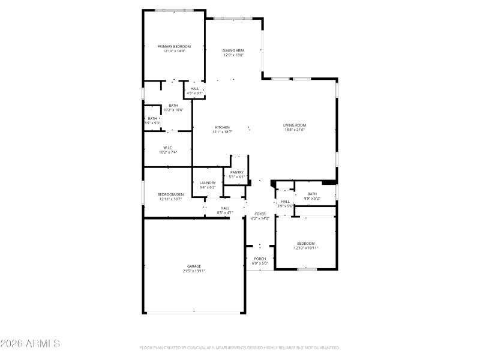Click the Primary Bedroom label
[174, 47]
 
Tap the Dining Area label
[233, 51]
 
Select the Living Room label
[295, 125]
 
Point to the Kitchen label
[223, 127]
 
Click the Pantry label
[237, 172]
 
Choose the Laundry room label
[208, 182]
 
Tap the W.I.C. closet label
[168, 148]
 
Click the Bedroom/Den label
[170, 194]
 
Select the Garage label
[194, 266]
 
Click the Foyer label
[260, 214]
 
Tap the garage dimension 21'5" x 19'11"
[194, 271]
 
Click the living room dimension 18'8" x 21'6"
[295, 130]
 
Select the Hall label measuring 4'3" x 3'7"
[195, 89]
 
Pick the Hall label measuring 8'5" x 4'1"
[225, 208]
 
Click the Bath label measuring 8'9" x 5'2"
[312, 194]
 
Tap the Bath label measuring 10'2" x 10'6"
[173, 106]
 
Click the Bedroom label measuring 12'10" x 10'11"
[306, 243]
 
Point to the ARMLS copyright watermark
[30, 344]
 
